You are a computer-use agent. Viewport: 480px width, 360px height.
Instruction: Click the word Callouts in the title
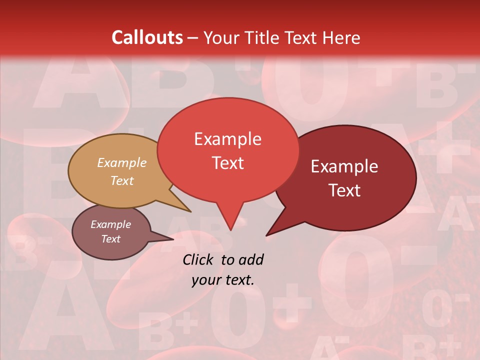pyautogui.click(x=147, y=37)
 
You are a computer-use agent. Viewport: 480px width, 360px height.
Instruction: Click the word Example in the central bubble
pyautogui.click(x=227, y=139)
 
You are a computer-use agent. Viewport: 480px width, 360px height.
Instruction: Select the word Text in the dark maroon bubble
pyautogui.click(x=345, y=190)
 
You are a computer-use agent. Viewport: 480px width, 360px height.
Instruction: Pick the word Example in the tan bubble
pyautogui.click(x=122, y=163)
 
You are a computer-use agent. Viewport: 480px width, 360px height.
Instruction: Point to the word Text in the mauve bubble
pyautogui.click(x=111, y=239)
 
